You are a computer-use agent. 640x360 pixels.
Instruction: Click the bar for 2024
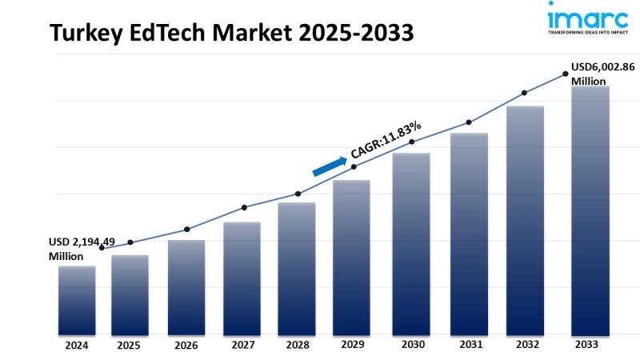pos(77,300)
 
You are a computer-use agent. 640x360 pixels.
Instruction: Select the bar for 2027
pos(242,278)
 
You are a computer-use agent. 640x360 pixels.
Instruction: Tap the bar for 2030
pos(410,243)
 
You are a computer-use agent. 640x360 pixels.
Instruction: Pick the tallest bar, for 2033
pos(590,210)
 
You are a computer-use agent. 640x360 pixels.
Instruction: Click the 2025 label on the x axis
pos(129,346)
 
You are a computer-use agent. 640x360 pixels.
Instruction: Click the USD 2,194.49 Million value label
pos(77,249)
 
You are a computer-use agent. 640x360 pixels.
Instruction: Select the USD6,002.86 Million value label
pos(602,74)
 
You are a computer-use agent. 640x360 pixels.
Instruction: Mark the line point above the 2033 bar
pos(566,74)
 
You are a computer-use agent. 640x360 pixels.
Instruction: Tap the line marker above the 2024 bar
pos(102,248)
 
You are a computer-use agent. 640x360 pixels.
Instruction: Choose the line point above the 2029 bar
pos(354,166)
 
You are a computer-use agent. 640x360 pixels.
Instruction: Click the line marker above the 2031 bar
pos(469,122)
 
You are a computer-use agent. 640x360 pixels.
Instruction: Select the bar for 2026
pos(186,287)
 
